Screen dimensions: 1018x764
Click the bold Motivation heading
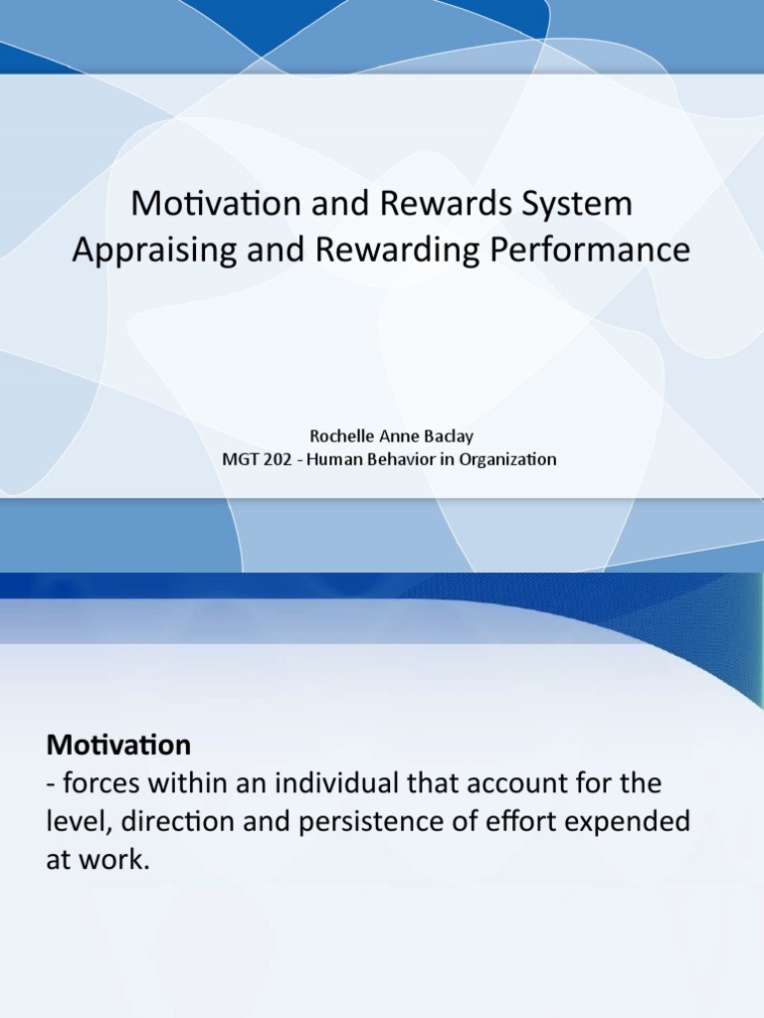[118, 745]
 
